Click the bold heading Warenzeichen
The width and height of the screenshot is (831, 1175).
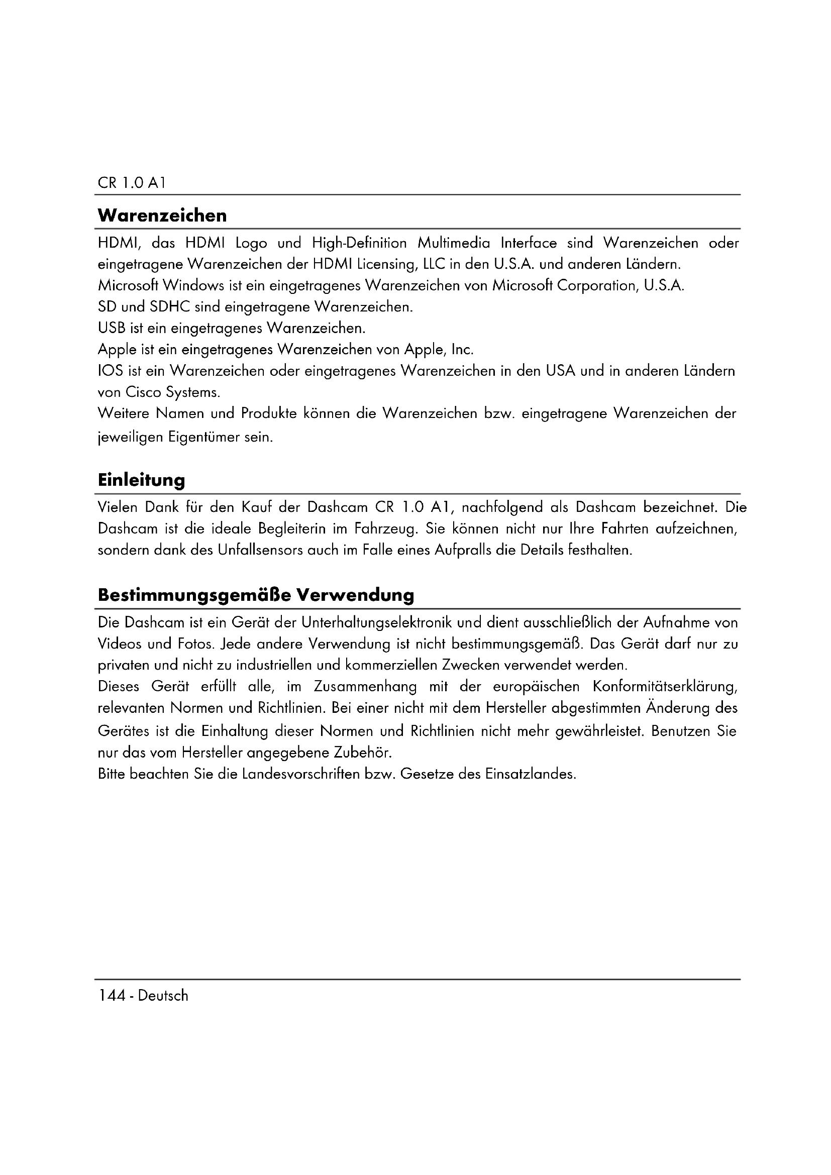pos(162,216)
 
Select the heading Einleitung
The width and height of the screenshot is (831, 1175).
pos(141,480)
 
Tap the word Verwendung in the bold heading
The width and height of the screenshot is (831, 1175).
pos(356,595)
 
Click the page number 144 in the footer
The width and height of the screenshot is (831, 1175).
pos(112,995)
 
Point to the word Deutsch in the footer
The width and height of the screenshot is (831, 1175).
pos(163,995)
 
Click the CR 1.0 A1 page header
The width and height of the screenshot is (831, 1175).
pos(132,183)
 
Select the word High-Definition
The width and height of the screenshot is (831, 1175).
pos(359,243)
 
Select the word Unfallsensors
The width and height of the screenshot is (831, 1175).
pos(260,550)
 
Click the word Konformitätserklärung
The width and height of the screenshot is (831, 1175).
pos(665,687)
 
